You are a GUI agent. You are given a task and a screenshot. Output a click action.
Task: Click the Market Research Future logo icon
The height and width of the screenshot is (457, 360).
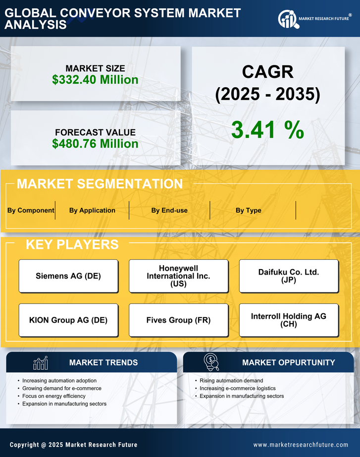(287, 19)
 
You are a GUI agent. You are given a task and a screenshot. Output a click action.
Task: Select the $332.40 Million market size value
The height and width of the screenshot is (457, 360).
(95, 79)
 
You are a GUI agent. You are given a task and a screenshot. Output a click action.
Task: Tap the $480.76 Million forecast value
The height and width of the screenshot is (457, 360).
(95, 144)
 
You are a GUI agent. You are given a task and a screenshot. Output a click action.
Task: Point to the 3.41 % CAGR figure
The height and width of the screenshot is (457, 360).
(267, 130)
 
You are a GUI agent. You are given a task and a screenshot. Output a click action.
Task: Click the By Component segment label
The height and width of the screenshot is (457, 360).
(31, 210)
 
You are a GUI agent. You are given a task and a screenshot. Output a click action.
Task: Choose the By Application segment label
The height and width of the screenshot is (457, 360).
(92, 210)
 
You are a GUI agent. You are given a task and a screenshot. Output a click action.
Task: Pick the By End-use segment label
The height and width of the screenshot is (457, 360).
(169, 210)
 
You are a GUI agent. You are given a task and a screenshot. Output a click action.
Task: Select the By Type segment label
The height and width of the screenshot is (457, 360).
(249, 210)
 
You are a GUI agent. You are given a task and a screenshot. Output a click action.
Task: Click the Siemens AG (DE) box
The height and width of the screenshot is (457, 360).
(68, 276)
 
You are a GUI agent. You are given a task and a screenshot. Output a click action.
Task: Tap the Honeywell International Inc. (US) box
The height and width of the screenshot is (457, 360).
(178, 276)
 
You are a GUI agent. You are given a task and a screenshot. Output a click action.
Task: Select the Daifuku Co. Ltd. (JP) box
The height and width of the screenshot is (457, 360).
(289, 276)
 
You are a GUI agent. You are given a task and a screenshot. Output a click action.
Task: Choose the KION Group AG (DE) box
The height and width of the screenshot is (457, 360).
(68, 320)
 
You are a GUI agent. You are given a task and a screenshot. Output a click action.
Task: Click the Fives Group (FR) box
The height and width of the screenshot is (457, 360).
(178, 320)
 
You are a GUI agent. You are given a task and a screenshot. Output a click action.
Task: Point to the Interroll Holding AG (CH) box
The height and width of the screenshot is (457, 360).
(289, 320)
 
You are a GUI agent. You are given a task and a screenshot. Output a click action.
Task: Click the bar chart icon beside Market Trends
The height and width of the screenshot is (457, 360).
(40, 363)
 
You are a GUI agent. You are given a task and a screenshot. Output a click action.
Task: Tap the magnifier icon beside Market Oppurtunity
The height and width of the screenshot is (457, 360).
(211, 363)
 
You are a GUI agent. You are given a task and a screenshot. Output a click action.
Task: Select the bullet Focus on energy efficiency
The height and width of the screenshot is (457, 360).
(54, 396)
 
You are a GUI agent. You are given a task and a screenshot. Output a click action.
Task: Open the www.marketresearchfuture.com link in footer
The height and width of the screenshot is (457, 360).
(301, 445)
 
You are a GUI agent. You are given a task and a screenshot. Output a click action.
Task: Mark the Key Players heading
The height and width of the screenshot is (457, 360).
(72, 244)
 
